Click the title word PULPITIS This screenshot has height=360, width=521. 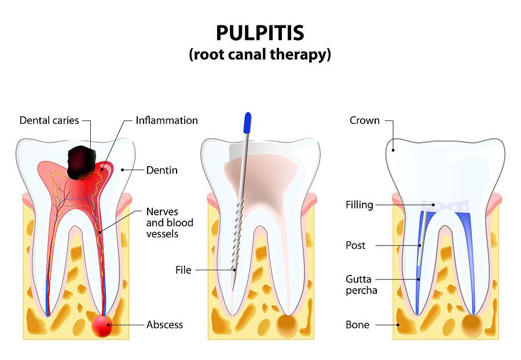260,33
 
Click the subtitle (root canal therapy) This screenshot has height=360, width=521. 260,55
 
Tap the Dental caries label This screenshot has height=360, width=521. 48,120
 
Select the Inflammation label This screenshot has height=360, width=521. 167,120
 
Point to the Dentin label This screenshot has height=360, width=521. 162,170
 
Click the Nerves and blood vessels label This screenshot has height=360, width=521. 170,223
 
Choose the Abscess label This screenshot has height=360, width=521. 164,325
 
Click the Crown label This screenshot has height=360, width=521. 365,120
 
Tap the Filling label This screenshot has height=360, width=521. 359,205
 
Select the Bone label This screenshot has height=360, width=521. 357,325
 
